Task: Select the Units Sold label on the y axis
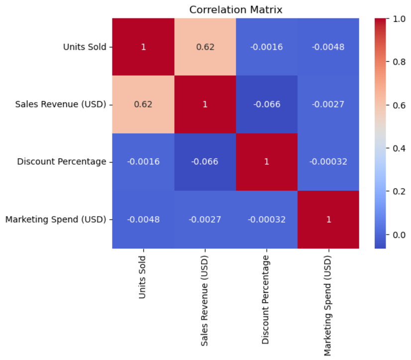[x=84, y=47]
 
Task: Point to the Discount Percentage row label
[x=62, y=162]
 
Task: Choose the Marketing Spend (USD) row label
[x=56, y=219]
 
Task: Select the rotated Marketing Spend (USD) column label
[x=328, y=305]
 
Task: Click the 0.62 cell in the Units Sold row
[x=205, y=47]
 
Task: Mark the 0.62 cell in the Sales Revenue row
[x=143, y=105]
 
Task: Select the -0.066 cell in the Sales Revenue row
[x=266, y=105]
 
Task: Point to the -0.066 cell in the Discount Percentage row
[x=205, y=162]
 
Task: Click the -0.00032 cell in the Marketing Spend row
[x=266, y=219]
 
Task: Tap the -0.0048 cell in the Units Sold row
[x=328, y=47]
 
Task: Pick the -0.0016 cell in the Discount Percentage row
[x=143, y=162]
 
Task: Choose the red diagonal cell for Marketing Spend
[x=328, y=219]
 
